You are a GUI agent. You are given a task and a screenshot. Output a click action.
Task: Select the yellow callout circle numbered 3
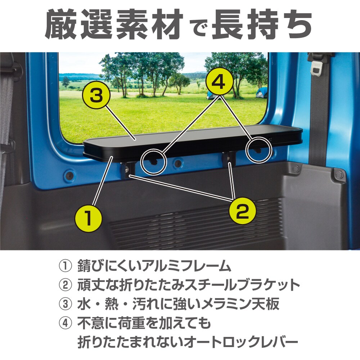[95, 95]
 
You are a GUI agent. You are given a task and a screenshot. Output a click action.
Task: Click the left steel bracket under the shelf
[129, 169]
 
